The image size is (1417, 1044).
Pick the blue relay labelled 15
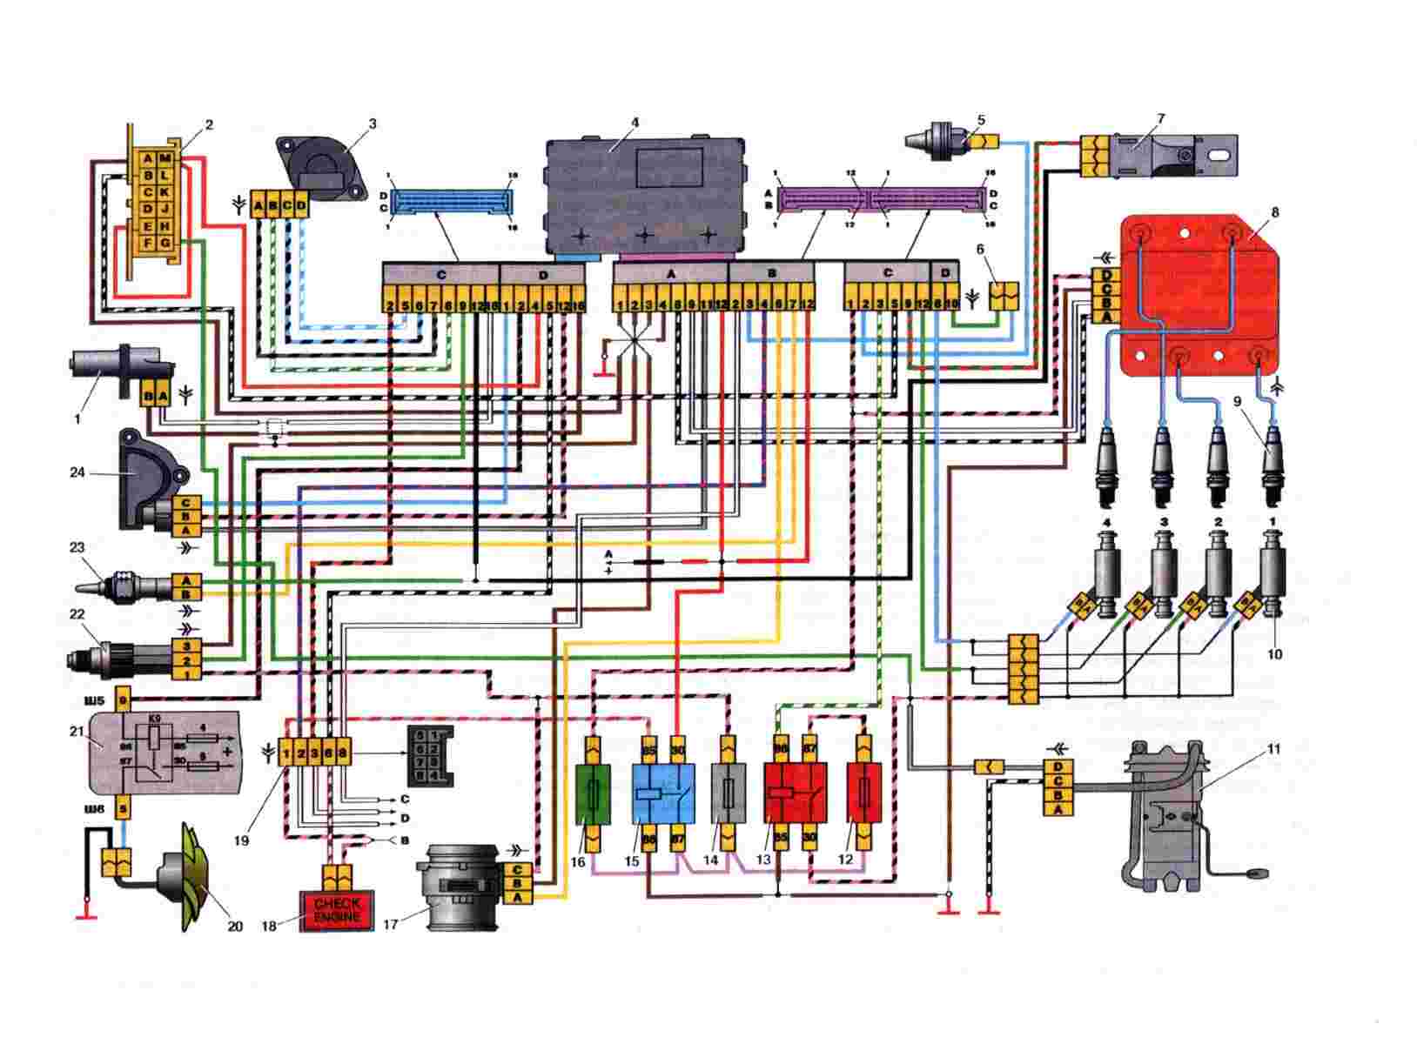[x=661, y=794]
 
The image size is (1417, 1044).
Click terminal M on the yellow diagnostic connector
[x=167, y=158]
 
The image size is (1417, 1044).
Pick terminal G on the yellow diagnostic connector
[x=167, y=242]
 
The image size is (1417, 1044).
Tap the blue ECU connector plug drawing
[x=451, y=203]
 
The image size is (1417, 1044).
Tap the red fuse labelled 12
[x=863, y=794]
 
